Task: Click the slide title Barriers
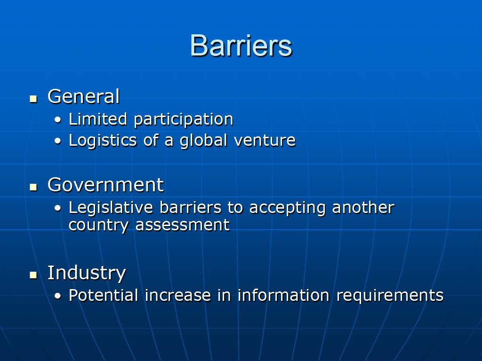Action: click(241, 46)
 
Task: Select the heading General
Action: click(83, 96)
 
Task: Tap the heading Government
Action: click(105, 185)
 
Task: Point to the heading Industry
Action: click(87, 273)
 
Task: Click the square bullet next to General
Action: click(33, 99)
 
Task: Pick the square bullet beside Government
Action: click(33, 187)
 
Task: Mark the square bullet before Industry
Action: click(33, 275)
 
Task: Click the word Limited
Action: click(98, 119)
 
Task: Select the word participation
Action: click(184, 120)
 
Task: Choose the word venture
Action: click(265, 140)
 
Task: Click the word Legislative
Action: click(111, 208)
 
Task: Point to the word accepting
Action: click(287, 208)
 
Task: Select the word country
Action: click(98, 226)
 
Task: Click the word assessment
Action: click(182, 225)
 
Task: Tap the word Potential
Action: click(103, 295)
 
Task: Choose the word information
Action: click(283, 295)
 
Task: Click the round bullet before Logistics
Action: click(58, 141)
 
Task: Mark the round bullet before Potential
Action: click(58, 296)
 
